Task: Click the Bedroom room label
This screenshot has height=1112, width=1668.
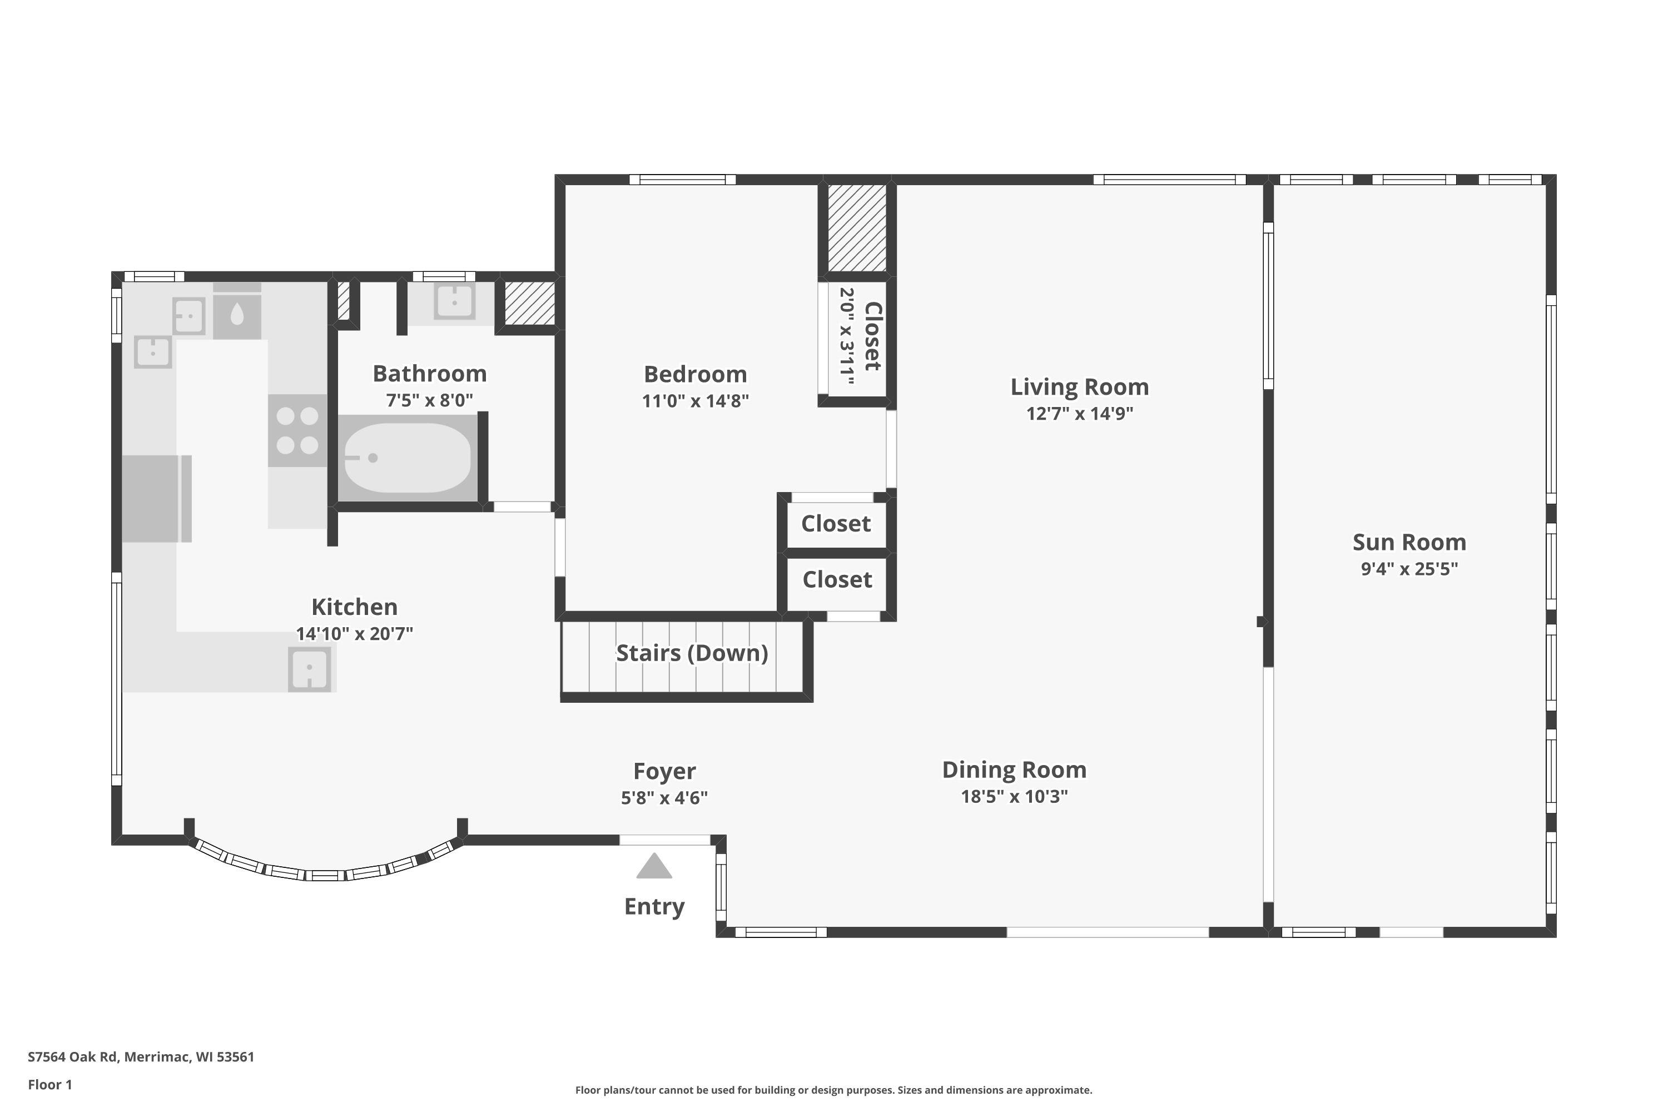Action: (x=695, y=374)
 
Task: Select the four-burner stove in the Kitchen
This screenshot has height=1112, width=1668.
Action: (x=297, y=430)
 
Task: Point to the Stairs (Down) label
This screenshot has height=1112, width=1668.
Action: (x=692, y=652)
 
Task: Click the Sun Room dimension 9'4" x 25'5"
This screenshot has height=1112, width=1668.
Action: (x=1409, y=569)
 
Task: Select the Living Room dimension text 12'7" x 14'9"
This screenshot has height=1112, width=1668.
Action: (x=1079, y=414)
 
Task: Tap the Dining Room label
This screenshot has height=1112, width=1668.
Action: (x=1014, y=770)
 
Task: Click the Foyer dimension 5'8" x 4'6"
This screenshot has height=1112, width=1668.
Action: (x=664, y=798)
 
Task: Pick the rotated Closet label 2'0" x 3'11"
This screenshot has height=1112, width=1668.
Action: (x=860, y=336)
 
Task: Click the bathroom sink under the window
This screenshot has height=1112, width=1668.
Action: (x=454, y=301)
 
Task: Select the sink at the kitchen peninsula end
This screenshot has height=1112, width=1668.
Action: (x=310, y=669)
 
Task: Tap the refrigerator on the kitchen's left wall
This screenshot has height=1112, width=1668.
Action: (x=157, y=499)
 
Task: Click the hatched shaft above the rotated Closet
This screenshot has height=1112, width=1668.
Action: (x=857, y=227)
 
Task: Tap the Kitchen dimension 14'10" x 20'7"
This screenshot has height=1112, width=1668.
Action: (x=355, y=633)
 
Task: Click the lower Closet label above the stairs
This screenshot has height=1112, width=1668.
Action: (x=837, y=579)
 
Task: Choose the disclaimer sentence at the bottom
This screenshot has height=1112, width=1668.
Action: (x=833, y=1090)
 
